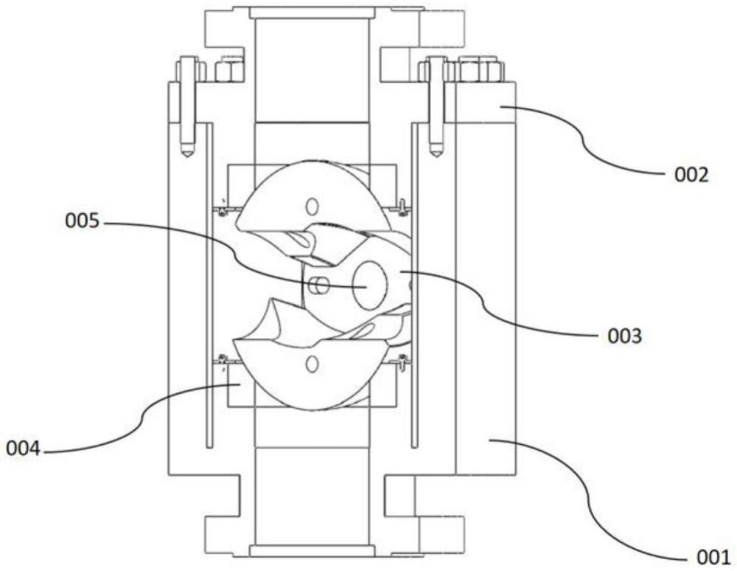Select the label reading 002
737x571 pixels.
click(x=691, y=176)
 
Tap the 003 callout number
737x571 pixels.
click(x=624, y=337)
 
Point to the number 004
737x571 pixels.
click(x=24, y=447)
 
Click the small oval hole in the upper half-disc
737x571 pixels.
click(x=312, y=204)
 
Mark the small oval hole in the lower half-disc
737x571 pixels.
click(x=312, y=363)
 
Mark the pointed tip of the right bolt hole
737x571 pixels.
click(x=436, y=153)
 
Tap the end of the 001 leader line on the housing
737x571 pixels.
click(x=490, y=440)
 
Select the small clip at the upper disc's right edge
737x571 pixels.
click(x=402, y=206)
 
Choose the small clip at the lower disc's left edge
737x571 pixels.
click(x=222, y=360)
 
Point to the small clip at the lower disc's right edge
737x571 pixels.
click(x=402, y=361)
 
